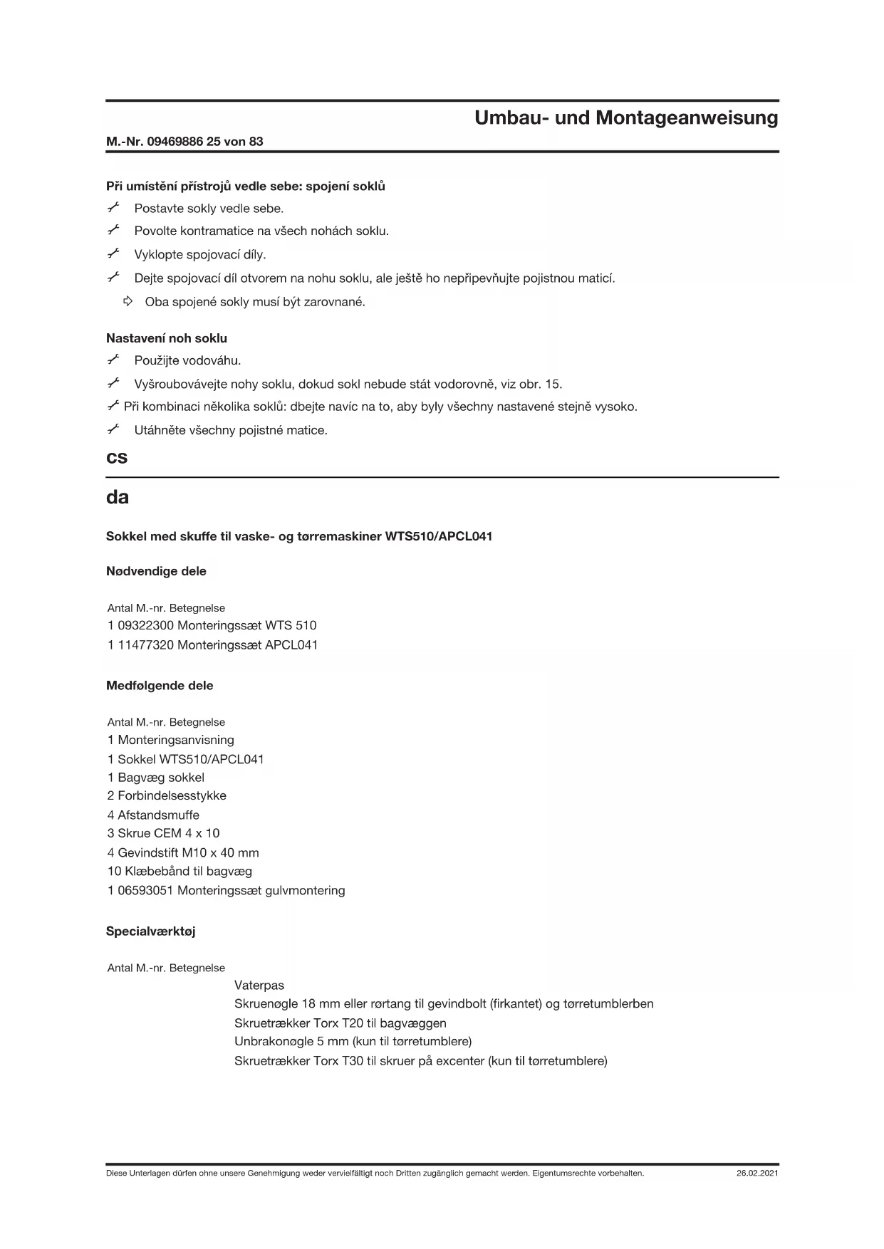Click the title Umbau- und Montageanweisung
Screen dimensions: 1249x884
pos(626,117)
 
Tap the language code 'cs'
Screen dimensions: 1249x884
pos(117,457)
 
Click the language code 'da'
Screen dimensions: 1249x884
pos(118,497)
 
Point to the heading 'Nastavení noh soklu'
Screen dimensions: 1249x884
pos(167,338)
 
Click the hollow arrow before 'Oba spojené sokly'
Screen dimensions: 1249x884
pos(128,301)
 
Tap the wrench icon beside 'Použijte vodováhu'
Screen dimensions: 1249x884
pos(113,360)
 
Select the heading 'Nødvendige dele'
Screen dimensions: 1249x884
pos(156,571)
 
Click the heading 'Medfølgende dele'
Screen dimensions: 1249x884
pos(160,686)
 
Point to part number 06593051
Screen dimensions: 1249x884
pos(146,890)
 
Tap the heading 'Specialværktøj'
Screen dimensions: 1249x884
pos(150,931)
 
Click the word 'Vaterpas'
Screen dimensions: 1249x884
pos(259,986)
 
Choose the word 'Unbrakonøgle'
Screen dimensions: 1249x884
pos(274,1041)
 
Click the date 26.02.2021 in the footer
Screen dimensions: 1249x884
pos(757,1173)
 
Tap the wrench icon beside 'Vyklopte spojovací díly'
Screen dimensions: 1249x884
pos(113,254)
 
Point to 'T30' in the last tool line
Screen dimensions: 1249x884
pos(353,1060)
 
